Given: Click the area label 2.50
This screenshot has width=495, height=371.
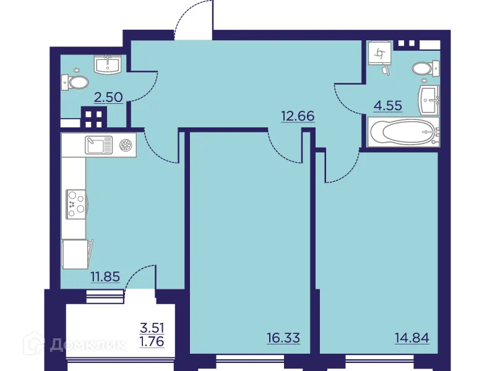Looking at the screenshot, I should click(x=108, y=96).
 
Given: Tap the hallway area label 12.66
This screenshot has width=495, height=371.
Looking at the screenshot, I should click(x=298, y=115).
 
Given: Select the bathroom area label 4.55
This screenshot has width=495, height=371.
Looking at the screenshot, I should click(x=387, y=105).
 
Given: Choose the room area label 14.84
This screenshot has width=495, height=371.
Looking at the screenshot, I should click(x=412, y=338).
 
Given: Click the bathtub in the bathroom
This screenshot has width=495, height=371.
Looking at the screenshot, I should click(x=403, y=132).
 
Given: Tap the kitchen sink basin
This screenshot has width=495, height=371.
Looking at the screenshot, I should click(x=97, y=145).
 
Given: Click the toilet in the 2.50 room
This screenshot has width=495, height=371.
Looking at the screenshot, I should click(x=77, y=82).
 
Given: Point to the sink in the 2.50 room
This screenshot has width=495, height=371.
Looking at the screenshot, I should click(x=109, y=63).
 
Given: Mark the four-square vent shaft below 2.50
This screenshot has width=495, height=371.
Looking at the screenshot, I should click(x=95, y=117).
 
